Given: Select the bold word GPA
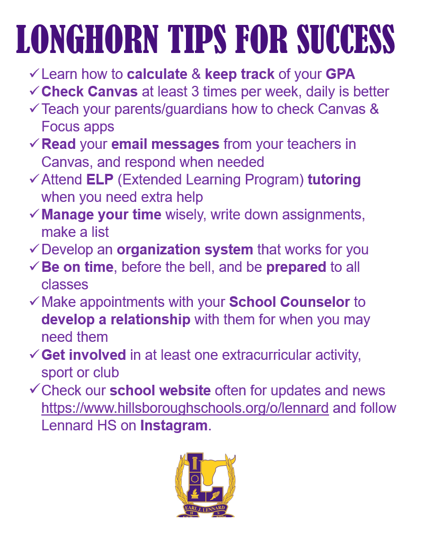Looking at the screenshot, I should (x=340, y=74).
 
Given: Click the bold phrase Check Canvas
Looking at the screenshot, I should (x=90, y=92).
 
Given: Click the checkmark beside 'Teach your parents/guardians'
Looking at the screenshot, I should (x=34, y=108).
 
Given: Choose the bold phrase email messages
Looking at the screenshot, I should (x=165, y=144).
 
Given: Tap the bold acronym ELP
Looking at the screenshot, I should (x=100, y=179).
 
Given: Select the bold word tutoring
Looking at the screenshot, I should (x=334, y=180).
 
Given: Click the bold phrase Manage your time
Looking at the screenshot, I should (x=101, y=215).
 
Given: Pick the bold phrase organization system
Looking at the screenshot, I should (x=185, y=250).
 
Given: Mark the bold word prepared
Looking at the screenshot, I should (x=296, y=267).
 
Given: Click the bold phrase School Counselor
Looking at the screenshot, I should (x=289, y=302).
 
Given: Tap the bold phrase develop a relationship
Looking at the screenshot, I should (x=116, y=320).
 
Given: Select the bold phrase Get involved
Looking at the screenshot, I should (x=84, y=355).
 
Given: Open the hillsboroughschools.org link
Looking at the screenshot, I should (x=185, y=408).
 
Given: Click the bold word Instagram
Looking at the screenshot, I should (x=174, y=425).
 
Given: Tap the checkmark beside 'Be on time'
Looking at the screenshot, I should (x=34, y=267).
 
